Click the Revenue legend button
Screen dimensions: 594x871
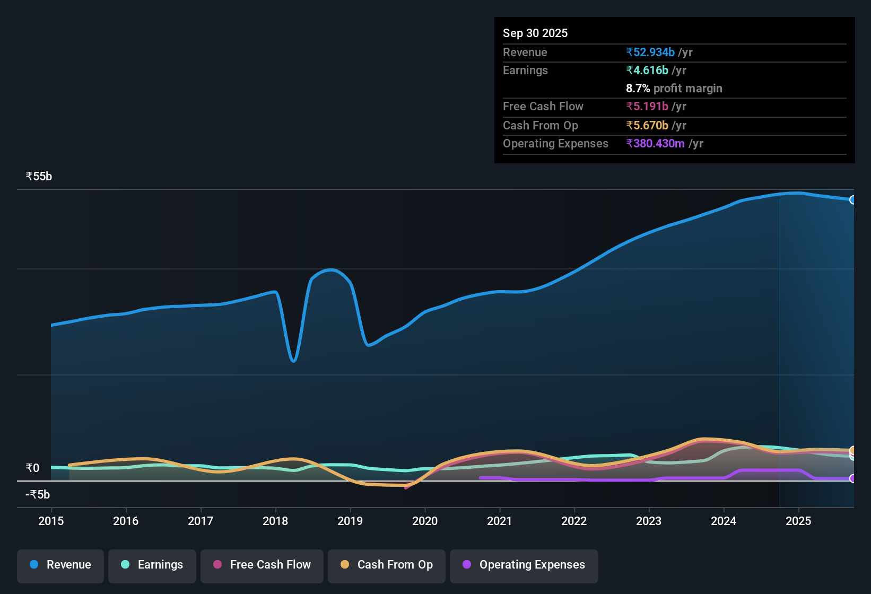(x=60, y=565)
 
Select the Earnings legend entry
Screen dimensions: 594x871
(x=152, y=565)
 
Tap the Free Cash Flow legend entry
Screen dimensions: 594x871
(x=262, y=565)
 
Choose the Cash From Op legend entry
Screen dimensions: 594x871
(x=387, y=565)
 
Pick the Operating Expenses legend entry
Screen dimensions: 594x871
(x=524, y=565)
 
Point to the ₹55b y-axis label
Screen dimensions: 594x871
(x=39, y=177)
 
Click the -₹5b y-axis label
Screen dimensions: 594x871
(x=38, y=495)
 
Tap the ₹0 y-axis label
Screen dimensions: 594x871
(x=32, y=468)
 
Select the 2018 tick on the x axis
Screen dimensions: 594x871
(x=275, y=521)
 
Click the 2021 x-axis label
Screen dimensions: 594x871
(x=499, y=521)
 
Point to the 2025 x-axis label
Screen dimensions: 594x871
(x=798, y=521)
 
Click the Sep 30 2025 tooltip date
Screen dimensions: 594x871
(x=535, y=33)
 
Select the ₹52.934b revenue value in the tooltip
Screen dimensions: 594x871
(x=650, y=53)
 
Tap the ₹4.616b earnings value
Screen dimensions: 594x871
(x=647, y=71)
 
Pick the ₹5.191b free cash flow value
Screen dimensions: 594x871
(x=647, y=107)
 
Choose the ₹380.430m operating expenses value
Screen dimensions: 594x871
(x=655, y=144)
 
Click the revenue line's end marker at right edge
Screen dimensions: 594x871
(x=852, y=200)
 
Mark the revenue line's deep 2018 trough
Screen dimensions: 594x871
(x=294, y=361)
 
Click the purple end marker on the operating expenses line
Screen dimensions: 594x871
(x=852, y=478)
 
